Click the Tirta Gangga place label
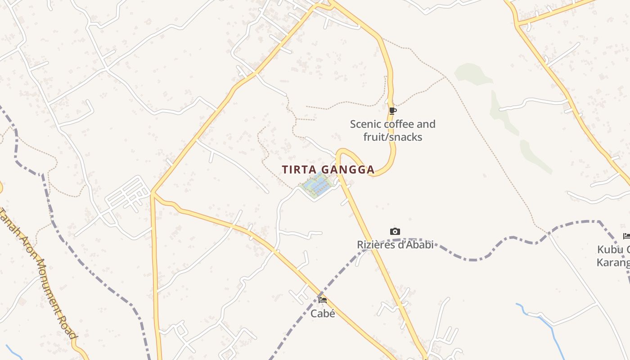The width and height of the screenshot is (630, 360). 328,170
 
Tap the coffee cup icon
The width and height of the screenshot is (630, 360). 393,111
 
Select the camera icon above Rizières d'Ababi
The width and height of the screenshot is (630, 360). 395,232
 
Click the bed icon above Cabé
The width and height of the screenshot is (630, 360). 323,300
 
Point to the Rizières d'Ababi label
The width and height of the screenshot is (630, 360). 395,245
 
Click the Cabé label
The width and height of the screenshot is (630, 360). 323,314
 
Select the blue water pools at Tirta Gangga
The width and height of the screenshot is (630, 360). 317,185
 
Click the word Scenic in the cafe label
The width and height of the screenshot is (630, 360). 365,124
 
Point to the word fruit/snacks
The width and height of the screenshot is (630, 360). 393,137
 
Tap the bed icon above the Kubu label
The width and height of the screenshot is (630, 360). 626,236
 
